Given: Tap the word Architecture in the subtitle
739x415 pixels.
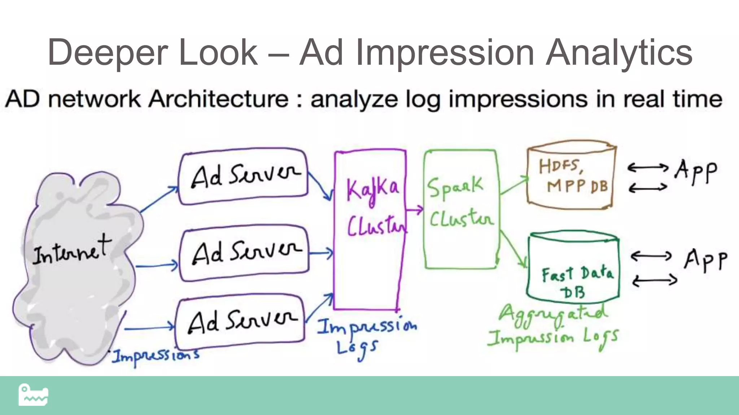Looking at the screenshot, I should coord(219,99).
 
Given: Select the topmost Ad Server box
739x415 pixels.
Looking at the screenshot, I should coord(244,177).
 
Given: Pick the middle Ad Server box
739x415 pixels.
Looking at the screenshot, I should coord(244,253).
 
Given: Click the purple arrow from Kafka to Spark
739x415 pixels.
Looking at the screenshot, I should coord(414,209).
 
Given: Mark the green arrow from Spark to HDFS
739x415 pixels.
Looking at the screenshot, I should coord(513,185).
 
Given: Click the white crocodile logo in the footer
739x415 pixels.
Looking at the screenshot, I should coord(33,395).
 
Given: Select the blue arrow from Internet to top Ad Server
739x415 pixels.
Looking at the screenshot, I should coord(159,199).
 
